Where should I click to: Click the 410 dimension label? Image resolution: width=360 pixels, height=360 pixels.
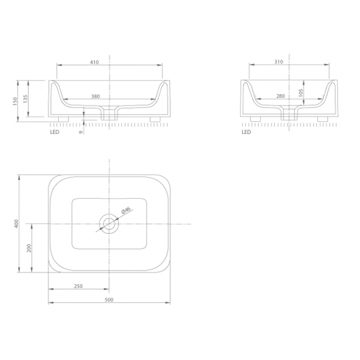click(94, 62)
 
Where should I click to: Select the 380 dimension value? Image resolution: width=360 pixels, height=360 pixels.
click(96, 97)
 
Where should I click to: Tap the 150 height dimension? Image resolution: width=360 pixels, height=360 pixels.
click(15, 101)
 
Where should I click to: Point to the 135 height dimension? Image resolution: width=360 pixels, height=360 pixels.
click(25, 99)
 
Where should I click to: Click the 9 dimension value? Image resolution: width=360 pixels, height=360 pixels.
click(80, 132)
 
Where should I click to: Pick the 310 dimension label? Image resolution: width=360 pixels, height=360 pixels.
click(279, 62)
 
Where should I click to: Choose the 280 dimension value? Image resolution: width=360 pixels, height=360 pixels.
click(280, 96)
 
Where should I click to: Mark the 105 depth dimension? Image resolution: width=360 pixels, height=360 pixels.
click(301, 93)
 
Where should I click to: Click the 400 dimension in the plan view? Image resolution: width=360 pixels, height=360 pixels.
click(16, 224)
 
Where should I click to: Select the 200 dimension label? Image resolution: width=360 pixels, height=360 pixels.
click(29, 248)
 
